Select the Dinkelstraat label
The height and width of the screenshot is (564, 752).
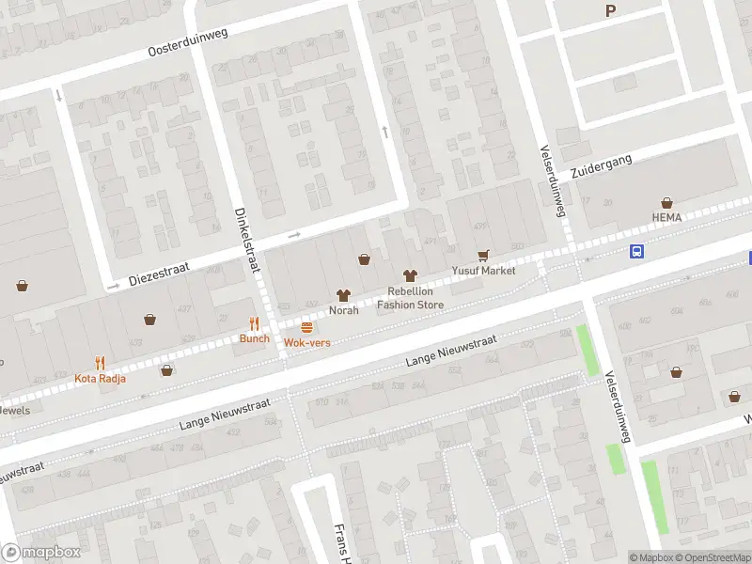pyautogui.click(x=247, y=240)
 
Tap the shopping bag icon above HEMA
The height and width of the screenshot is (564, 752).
pyautogui.click(x=666, y=202)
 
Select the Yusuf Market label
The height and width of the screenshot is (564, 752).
pyautogui.click(x=484, y=270)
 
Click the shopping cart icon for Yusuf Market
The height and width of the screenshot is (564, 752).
pyautogui.click(x=484, y=255)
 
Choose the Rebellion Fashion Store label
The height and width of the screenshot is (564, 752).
pyautogui.click(x=410, y=297)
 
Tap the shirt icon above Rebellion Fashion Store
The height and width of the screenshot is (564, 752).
pyautogui.click(x=410, y=275)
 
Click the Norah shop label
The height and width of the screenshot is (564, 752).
pyautogui.click(x=343, y=310)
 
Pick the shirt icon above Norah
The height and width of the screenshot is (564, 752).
pyautogui.click(x=343, y=294)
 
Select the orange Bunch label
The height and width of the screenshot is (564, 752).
pyautogui.click(x=254, y=338)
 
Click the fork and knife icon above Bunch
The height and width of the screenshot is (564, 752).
pyautogui.click(x=254, y=322)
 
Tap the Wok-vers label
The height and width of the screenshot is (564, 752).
pyautogui.click(x=307, y=343)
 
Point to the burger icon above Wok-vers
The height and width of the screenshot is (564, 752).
pyautogui.click(x=307, y=327)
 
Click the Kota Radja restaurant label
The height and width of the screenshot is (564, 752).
pyautogui.click(x=99, y=379)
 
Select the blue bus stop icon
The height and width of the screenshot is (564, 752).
pyautogui.click(x=637, y=251)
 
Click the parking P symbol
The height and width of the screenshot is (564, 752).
pyautogui.click(x=610, y=11)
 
